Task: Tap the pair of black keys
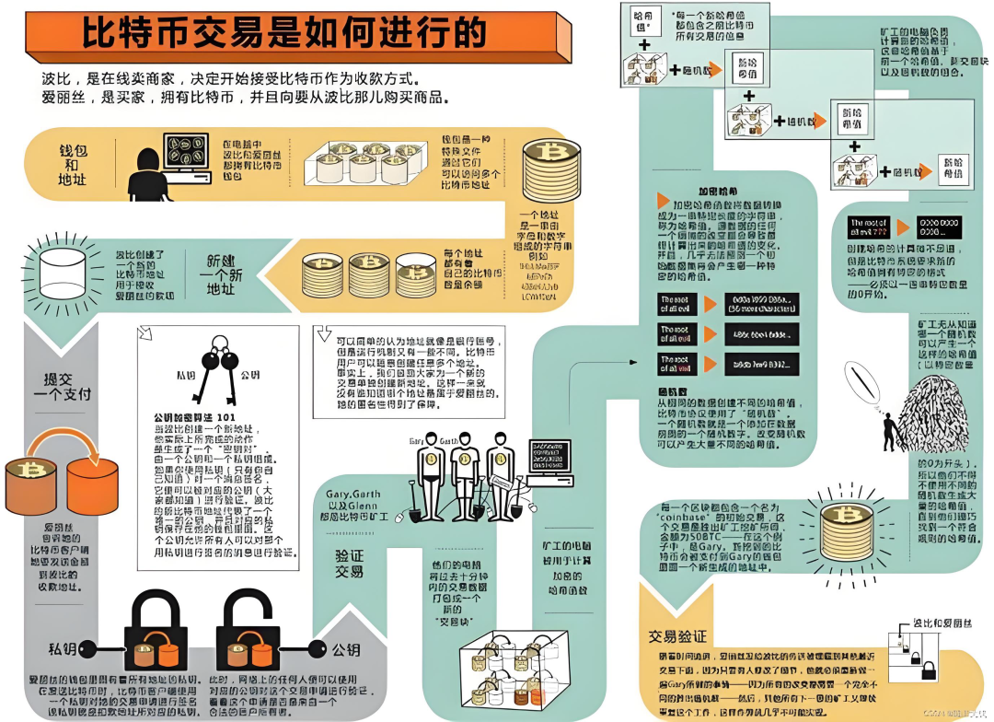(x=217, y=368)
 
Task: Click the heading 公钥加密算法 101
(x=193, y=418)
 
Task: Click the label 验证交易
(x=349, y=563)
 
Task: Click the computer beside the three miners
(x=549, y=461)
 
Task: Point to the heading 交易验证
(x=678, y=636)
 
